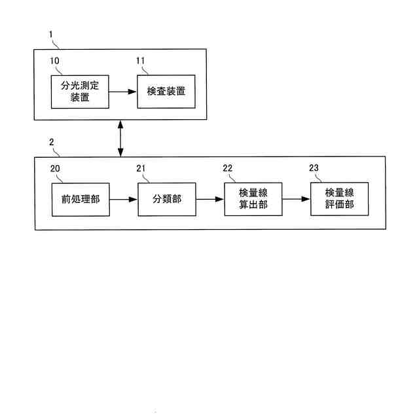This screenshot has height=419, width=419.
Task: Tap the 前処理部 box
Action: coord(79,198)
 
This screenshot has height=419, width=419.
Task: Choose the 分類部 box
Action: coord(166,198)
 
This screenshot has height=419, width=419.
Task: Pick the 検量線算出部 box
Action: coord(253,198)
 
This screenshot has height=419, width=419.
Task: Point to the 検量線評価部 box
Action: coord(339,198)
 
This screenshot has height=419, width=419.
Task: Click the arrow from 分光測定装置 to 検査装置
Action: coord(122,92)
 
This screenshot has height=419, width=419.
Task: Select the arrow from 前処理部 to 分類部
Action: coord(122,198)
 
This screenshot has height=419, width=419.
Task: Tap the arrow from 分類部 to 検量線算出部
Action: coord(209,198)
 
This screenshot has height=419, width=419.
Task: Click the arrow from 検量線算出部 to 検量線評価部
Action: coord(296,198)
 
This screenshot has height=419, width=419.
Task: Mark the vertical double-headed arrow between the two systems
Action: coord(120,138)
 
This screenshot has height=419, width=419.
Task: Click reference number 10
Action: coord(56,61)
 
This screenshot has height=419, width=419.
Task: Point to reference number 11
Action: coord(141,61)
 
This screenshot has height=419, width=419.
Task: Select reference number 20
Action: coord(56,168)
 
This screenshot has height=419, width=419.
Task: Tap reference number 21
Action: coord(141,168)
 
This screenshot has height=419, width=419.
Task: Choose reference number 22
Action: coord(228,168)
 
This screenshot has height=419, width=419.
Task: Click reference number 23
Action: coord(314,168)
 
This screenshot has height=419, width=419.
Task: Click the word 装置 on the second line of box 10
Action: coord(79,99)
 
